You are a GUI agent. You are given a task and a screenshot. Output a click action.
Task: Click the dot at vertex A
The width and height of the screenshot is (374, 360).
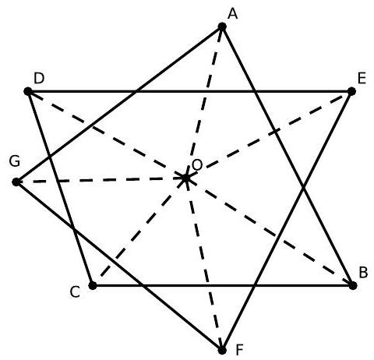222,26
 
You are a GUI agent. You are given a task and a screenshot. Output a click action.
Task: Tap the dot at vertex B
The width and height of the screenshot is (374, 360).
353,285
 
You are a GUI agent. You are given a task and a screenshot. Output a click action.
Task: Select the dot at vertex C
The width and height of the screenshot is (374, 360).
93,285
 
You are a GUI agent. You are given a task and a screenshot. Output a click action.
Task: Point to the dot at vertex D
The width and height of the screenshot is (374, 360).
28,91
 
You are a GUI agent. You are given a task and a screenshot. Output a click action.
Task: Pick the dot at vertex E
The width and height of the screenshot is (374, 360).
351,91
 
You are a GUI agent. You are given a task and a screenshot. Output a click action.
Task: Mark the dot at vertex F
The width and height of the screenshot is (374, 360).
222,351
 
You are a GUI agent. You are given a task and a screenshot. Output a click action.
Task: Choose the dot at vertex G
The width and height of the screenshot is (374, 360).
16,182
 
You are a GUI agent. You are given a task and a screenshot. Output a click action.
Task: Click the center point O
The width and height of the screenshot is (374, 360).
185,178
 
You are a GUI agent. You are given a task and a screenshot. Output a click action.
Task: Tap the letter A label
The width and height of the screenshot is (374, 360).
233,14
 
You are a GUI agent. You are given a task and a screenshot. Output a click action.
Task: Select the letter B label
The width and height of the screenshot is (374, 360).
363,273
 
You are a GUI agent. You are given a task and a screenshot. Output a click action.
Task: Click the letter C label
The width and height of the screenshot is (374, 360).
75,292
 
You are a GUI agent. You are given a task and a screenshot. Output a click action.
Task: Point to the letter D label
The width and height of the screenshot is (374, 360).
39,79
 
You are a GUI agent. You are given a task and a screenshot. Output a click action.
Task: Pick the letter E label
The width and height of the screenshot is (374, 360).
362,79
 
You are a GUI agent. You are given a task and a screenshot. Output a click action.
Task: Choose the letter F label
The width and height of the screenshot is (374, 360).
239,350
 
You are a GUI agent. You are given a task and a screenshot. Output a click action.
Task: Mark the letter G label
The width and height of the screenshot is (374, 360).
15,161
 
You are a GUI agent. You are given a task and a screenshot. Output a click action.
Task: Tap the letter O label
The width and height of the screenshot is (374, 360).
197,165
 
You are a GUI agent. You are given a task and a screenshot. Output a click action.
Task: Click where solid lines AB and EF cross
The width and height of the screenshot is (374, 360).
303,187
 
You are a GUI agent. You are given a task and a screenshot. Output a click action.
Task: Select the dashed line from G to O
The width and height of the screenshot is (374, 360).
101,180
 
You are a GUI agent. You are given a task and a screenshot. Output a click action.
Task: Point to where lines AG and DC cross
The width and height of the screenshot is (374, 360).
49,157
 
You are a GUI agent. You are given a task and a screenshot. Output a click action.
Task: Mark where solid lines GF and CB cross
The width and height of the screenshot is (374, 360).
142,285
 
